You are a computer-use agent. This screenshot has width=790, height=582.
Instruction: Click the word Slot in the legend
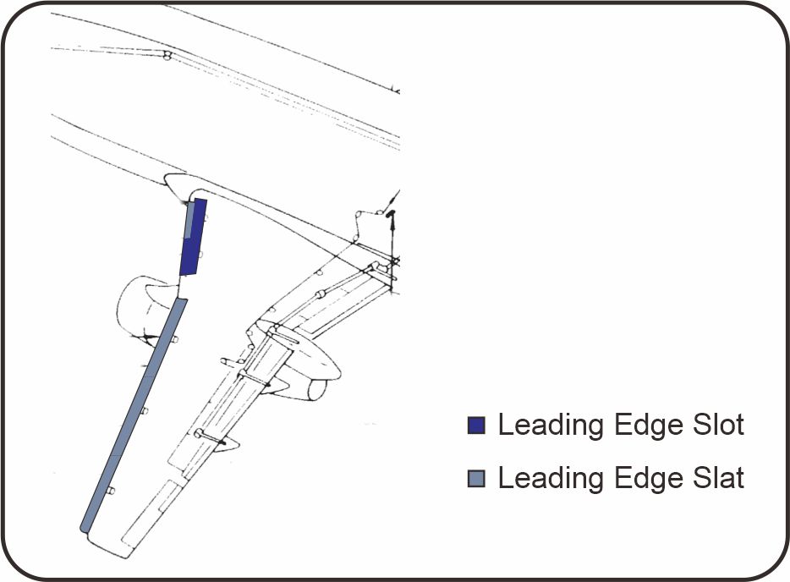pos(716,425)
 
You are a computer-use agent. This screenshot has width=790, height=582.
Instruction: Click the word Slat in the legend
pos(716,478)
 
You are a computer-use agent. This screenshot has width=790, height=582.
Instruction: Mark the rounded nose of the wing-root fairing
pos(170,181)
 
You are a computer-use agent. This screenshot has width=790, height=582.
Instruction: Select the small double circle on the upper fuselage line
pos(167,57)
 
